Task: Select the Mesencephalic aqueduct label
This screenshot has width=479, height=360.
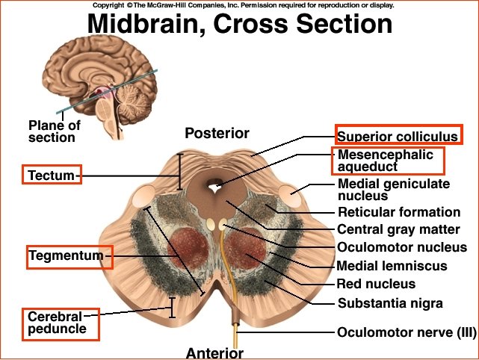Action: click(x=386, y=160)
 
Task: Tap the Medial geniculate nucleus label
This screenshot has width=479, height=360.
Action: click(x=394, y=190)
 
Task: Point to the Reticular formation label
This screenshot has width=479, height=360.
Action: click(x=399, y=212)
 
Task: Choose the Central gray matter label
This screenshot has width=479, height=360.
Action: click(x=398, y=229)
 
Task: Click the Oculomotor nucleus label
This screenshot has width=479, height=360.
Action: click(x=402, y=247)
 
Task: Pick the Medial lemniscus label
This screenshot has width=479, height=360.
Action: click(x=392, y=265)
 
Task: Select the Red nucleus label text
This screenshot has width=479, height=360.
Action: click(x=376, y=284)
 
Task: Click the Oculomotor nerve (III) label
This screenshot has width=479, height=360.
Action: click(x=406, y=332)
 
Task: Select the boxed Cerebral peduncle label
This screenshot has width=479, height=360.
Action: click(x=57, y=322)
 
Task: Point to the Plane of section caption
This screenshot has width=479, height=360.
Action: click(x=54, y=131)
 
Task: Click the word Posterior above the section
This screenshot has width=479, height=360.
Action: click(x=217, y=134)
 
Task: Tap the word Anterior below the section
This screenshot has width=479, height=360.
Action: click(x=214, y=353)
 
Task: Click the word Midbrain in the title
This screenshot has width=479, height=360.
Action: click(x=143, y=24)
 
